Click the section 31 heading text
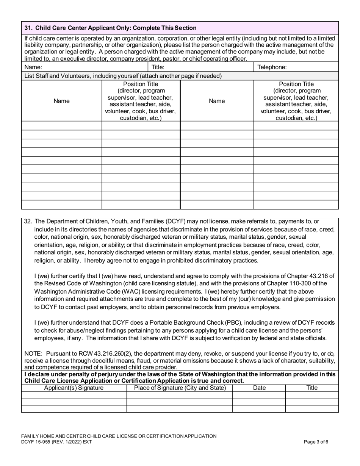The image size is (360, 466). [110, 28]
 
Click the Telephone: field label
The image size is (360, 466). [272, 67]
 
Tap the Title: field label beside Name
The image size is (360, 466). [158, 67]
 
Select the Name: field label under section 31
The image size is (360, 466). [33, 67]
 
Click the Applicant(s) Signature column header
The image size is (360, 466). [74, 388]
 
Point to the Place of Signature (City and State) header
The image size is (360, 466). [180, 388]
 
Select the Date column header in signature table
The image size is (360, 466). [259, 388]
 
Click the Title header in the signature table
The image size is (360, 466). [311, 388]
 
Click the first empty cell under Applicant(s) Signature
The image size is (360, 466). [74, 395]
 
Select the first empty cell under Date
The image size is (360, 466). [259, 395]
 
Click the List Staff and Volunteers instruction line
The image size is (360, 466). [123, 76]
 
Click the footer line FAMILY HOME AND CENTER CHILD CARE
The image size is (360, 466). [119, 436]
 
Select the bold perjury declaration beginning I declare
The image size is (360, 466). [180, 377]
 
